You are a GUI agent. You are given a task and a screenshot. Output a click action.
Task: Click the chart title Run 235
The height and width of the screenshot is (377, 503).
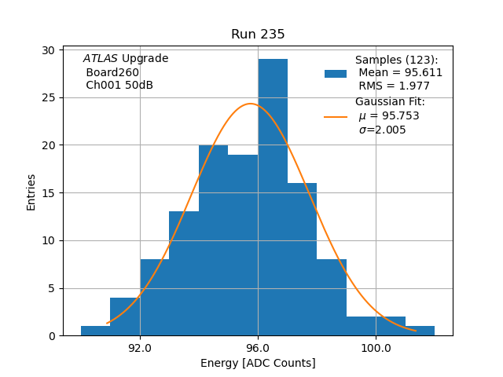click(x=258, y=35)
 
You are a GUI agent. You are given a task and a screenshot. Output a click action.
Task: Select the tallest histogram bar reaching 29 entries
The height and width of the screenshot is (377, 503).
click(x=273, y=196)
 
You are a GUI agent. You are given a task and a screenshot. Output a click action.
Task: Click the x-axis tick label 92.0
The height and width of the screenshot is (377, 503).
click(x=140, y=348)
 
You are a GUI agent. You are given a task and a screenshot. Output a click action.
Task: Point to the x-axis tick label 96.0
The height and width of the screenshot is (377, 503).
click(x=258, y=348)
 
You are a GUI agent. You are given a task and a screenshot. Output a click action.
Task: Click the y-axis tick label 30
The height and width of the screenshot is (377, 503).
click(x=49, y=49)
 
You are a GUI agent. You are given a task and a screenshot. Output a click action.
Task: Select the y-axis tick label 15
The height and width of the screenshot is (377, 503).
click(x=49, y=192)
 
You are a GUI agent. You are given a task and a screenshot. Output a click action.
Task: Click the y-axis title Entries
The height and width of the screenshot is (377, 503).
click(x=31, y=192)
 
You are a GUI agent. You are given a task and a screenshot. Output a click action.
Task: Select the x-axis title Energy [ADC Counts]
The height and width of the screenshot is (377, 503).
click(x=258, y=363)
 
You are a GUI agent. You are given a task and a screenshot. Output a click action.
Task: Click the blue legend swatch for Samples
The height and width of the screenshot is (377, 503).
click(x=336, y=74)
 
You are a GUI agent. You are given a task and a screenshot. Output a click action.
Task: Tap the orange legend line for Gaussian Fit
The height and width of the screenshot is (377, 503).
click(x=336, y=116)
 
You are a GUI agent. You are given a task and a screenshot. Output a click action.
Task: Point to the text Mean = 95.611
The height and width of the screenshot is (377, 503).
click(x=400, y=73)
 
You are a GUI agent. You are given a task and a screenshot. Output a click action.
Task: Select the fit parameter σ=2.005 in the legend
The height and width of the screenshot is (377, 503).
click(x=382, y=130)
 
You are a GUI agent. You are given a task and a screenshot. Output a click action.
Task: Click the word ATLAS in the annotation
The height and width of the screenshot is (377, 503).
click(x=101, y=59)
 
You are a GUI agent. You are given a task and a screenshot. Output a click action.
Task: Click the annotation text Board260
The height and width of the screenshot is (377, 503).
click(x=112, y=72)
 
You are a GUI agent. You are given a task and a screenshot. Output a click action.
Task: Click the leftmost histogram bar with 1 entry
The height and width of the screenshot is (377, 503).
click(x=95, y=331)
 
